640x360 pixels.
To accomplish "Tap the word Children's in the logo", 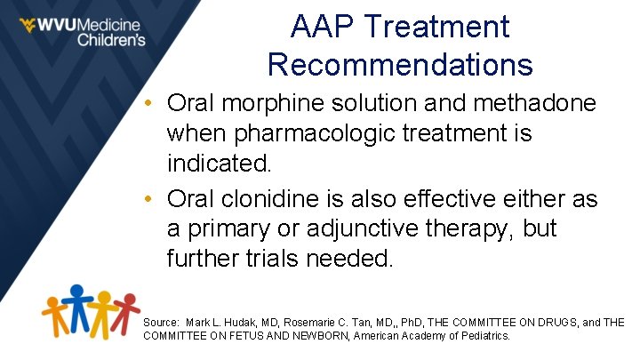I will (x=110, y=39).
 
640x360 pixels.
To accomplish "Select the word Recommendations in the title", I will (x=400, y=64).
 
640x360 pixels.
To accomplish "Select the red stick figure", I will (x=128, y=311).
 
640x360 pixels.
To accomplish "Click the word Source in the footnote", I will (x=160, y=322).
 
